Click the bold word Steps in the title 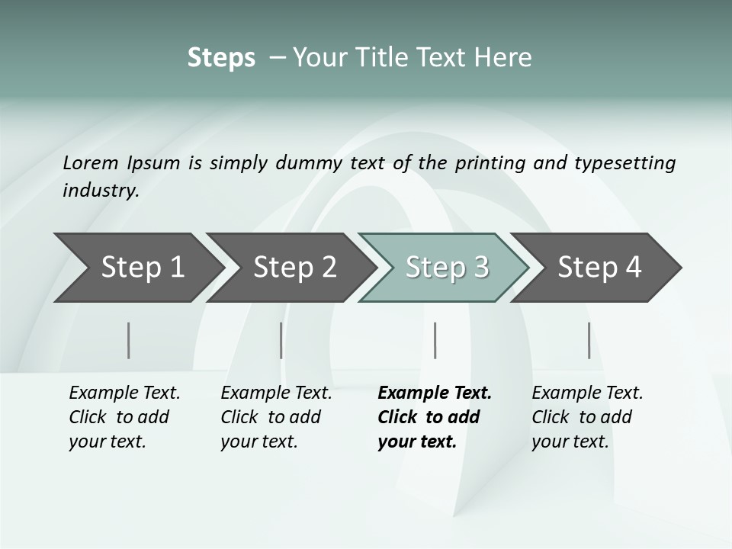click(221, 58)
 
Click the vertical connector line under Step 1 click(129, 340)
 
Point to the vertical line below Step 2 click(281, 340)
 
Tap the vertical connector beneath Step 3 click(435, 340)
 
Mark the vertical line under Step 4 click(589, 340)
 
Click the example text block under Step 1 click(124, 417)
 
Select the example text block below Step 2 click(276, 417)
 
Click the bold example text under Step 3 click(434, 417)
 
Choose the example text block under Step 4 click(587, 417)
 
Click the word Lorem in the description click(91, 162)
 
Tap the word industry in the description click(101, 191)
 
